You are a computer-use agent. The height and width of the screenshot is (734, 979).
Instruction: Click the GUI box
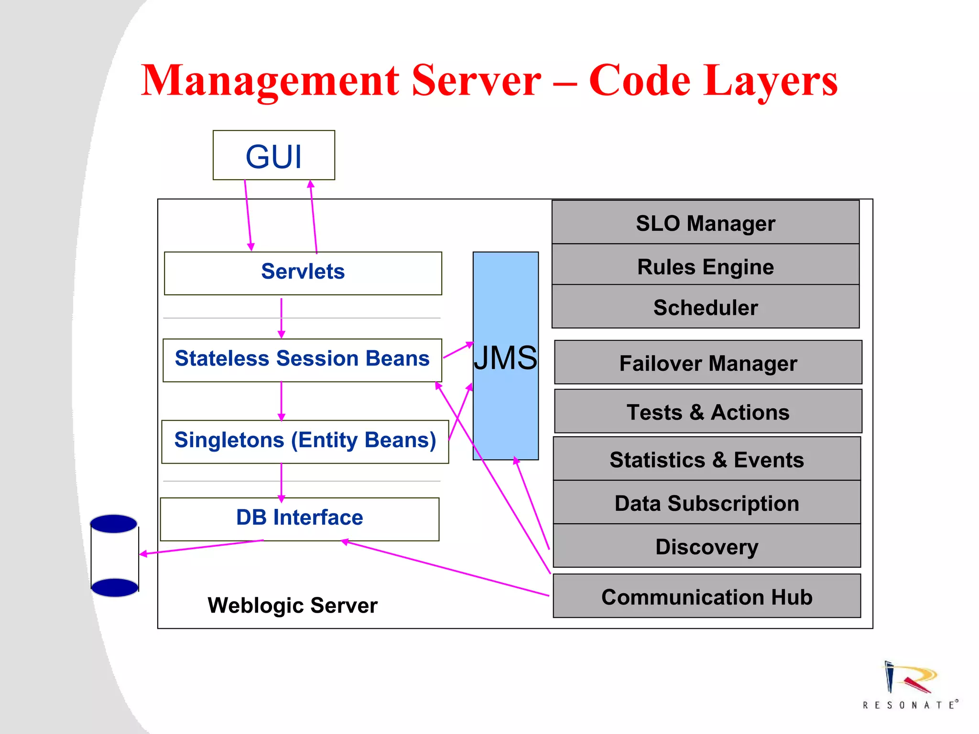(274, 155)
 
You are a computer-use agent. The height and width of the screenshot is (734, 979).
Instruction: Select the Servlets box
(303, 273)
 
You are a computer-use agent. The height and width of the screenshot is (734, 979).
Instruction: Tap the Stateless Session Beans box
(302, 360)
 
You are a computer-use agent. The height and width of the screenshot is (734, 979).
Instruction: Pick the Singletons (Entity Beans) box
(305, 441)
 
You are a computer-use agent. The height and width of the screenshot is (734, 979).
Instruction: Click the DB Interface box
(300, 518)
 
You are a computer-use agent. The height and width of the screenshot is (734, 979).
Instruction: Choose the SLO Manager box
(705, 223)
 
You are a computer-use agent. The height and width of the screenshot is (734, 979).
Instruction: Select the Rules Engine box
(705, 266)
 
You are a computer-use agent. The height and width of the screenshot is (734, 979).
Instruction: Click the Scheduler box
(705, 307)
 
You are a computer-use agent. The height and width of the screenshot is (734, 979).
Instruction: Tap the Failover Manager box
(708, 363)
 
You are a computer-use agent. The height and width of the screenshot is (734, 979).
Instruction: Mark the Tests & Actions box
(708, 411)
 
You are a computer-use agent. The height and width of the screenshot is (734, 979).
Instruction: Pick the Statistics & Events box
(707, 459)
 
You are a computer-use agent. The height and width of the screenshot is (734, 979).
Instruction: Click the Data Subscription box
(707, 503)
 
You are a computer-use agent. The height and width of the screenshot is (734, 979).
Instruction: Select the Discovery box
(707, 546)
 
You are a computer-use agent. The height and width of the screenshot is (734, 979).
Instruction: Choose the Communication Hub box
(707, 596)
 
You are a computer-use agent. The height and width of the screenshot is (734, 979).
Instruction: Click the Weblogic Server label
(292, 605)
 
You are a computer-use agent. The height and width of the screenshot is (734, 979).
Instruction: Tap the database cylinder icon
(114, 555)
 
